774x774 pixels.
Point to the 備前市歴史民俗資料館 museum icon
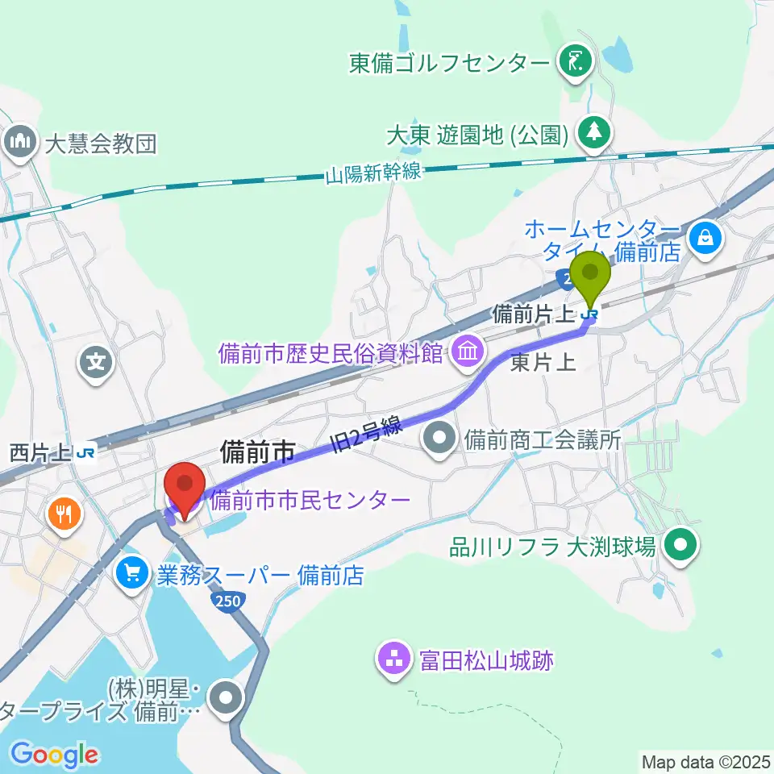[467, 351]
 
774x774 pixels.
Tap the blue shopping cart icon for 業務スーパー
[131, 575]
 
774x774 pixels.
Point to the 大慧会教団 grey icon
[18, 143]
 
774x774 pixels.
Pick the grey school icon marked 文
[97, 361]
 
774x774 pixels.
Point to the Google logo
[54, 755]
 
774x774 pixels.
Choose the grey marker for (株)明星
[226, 697]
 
